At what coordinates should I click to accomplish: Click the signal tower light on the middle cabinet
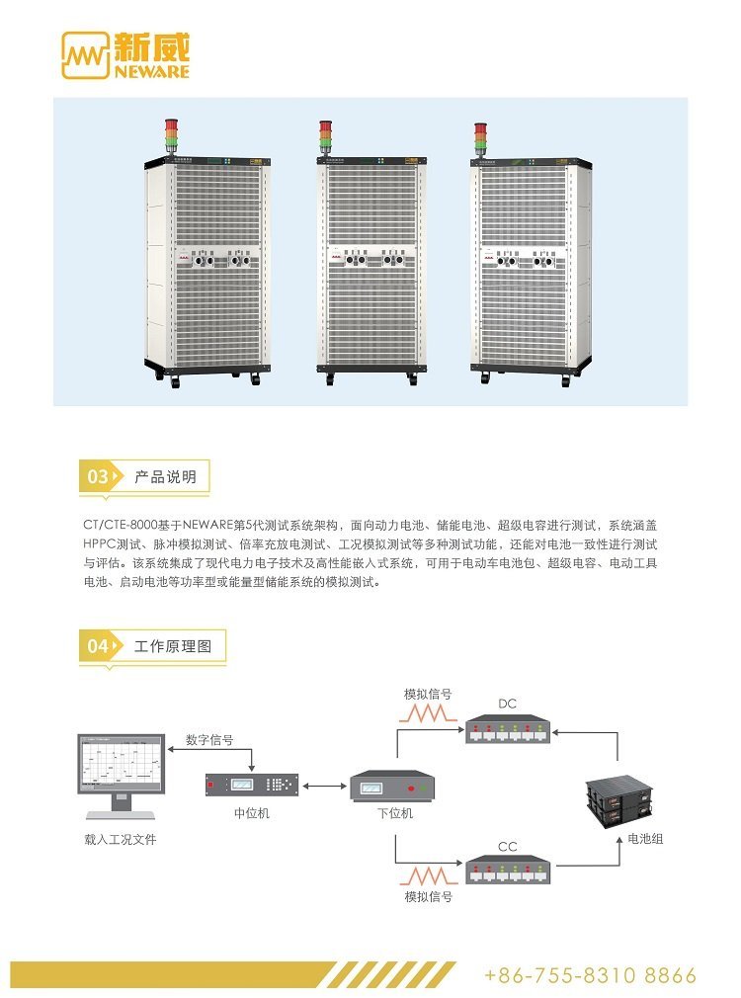(x=325, y=136)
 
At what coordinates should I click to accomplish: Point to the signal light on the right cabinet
(x=481, y=138)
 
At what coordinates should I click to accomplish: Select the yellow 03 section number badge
(x=99, y=477)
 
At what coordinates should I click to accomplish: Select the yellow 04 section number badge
(x=99, y=647)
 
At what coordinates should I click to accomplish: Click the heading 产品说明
(x=165, y=477)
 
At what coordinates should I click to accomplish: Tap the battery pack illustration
(x=620, y=795)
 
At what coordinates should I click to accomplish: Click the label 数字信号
(x=209, y=740)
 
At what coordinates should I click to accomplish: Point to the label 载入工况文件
(x=121, y=840)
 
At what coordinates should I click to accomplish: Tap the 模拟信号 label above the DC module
(x=428, y=694)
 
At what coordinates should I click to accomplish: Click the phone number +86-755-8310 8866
(x=590, y=975)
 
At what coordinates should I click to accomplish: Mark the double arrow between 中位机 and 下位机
(x=322, y=787)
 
